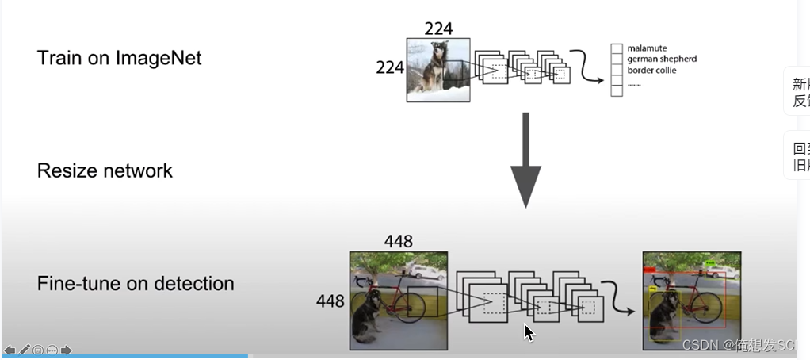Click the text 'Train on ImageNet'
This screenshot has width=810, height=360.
click(119, 58)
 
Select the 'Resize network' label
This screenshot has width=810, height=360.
click(105, 170)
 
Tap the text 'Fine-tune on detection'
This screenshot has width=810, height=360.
click(136, 283)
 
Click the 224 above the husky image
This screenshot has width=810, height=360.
click(438, 29)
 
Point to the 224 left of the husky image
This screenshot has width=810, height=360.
click(390, 68)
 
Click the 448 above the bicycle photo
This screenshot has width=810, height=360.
click(398, 240)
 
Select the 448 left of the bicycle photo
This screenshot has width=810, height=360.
click(330, 301)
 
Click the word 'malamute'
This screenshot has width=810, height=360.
click(647, 48)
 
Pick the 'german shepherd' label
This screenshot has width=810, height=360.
click(662, 59)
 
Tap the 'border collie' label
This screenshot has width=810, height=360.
click(651, 71)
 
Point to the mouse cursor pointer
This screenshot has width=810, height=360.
click(529, 332)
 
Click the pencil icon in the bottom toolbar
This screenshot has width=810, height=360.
click(25, 350)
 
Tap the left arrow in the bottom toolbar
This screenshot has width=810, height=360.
click(10, 350)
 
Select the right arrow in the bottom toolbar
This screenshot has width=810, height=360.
click(67, 350)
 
